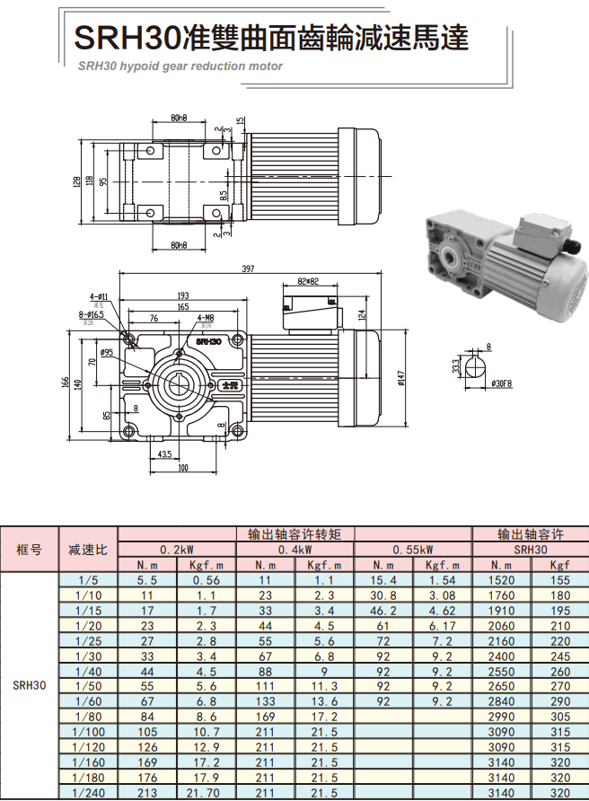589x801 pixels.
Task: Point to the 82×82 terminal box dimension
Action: click(x=309, y=282)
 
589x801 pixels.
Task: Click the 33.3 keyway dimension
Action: click(x=456, y=366)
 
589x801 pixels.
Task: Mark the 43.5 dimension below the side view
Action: click(x=164, y=454)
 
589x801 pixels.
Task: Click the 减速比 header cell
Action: click(x=88, y=550)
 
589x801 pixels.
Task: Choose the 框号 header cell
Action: click(x=29, y=550)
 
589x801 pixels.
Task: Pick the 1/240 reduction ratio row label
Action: click(x=88, y=793)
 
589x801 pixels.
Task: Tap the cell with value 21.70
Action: click(x=207, y=793)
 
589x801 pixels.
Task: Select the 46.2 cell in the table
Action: click(x=383, y=610)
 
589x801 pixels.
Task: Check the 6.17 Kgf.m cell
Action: click(x=443, y=625)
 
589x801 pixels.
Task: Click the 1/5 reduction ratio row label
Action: click(x=88, y=580)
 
